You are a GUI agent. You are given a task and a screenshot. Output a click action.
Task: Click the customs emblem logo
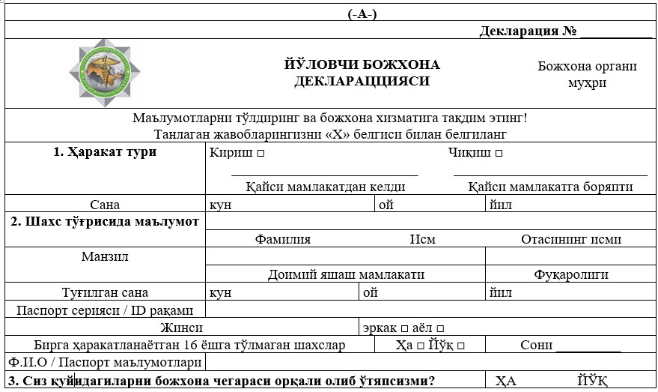tap(105, 73)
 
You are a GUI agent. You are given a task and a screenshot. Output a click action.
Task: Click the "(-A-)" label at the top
tap(362, 15)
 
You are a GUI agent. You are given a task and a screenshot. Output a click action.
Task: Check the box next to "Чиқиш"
tap(499, 154)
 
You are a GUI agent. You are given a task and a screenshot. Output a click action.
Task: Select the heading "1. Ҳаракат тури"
tap(105, 152)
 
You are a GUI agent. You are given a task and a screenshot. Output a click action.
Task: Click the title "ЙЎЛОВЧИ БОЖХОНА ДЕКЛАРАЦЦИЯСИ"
tap(362, 73)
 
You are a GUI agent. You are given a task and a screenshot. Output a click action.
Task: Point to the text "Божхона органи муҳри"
tap(587, 73)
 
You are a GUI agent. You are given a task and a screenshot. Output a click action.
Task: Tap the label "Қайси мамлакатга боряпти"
tap(550, 187)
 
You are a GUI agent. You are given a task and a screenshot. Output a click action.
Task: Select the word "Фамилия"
tap(283, 239)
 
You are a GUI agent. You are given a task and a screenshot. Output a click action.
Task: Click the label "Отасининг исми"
tap(571, 239)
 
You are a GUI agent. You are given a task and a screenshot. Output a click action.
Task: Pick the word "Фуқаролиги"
tap(571, 274)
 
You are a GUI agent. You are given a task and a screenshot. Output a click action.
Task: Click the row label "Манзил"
tap(105, 257)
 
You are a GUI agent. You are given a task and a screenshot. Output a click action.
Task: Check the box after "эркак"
tap(404, 328)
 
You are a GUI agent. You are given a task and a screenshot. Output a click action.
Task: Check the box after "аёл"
tap(441, 328)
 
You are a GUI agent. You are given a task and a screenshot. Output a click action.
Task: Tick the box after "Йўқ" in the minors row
tap(461, 346)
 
